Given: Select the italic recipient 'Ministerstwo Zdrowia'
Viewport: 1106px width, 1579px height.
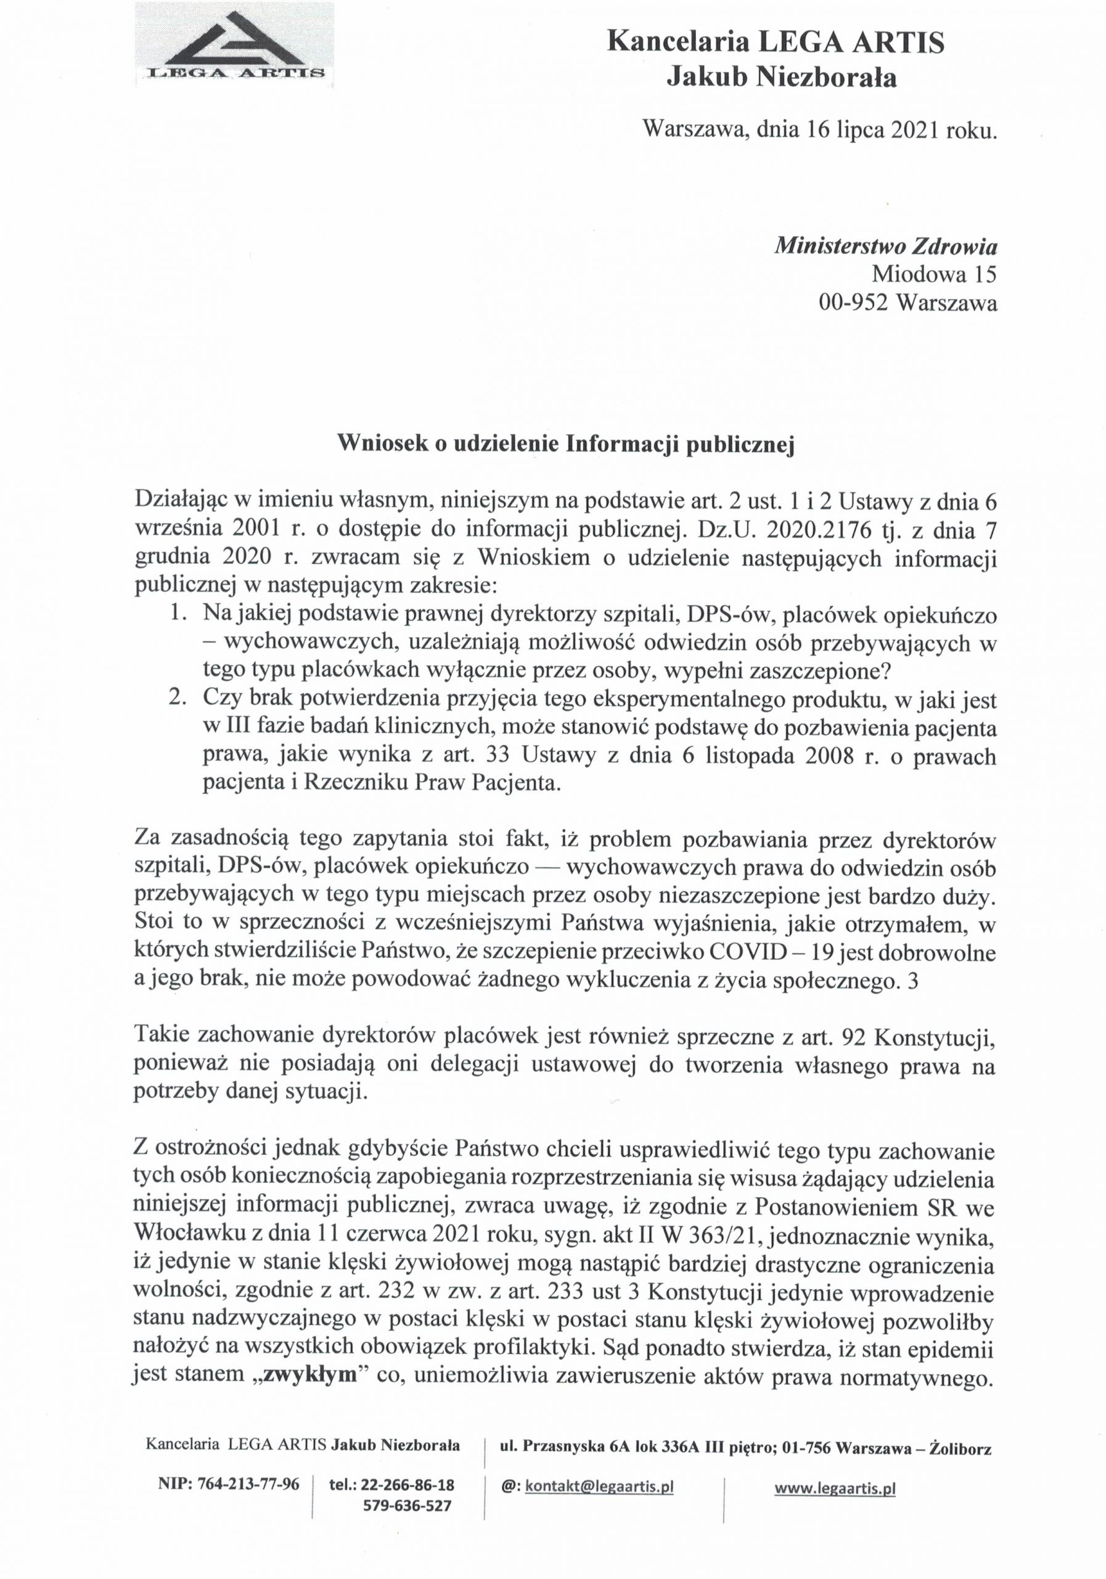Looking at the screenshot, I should pos(885,245).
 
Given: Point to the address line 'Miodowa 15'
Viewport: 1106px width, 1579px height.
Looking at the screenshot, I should pos(934,274).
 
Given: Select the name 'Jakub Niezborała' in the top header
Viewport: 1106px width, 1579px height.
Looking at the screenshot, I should pos(782,78).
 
